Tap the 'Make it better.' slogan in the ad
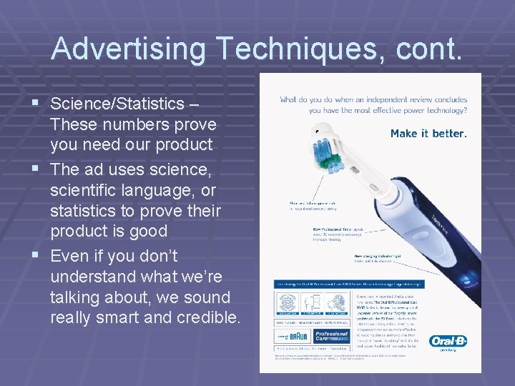[x=428, y=134]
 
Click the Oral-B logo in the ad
[x=448, y=342]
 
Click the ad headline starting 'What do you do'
[x=373, y=105]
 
